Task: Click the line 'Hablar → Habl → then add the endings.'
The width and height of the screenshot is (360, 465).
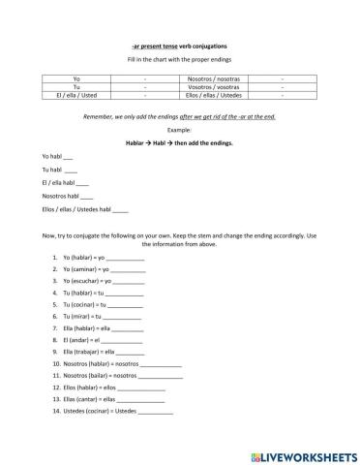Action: point(179,142)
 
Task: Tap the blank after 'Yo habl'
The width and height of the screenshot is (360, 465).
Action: point(67,157)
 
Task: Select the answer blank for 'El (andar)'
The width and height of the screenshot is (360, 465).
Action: point(121,341)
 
